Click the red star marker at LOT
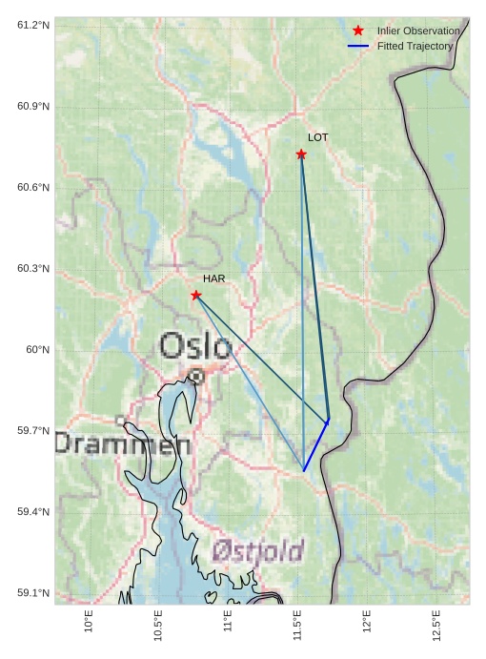[301, 154]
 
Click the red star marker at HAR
[195, 296]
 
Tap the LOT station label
[317, 137]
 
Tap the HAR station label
[213, 278]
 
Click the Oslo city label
[195, 346]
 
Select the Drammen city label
[122, 443]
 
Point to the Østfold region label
[257, 551]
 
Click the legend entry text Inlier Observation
[417, 31]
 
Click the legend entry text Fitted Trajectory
[415, 46]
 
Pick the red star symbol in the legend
[358, 31]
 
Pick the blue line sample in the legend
[358, 46]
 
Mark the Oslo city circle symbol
[195, 377]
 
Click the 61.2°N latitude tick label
[33, 25]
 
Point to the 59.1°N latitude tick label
[33, 593]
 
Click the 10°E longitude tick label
[89, 622]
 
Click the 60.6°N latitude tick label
[33, 187]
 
